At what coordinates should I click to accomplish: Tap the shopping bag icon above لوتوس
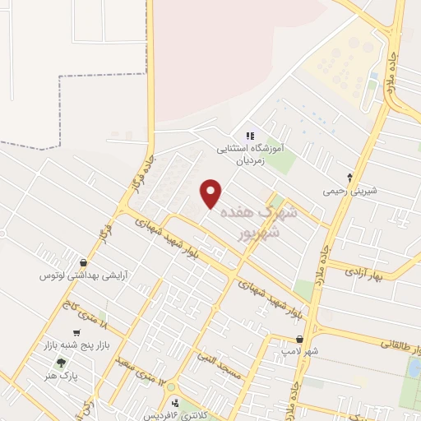click(83, 262)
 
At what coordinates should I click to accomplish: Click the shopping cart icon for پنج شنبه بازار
click(76, 333)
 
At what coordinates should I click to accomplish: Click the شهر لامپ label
click(298, 352)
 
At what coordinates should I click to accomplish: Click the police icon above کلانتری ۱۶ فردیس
click(174, 402)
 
